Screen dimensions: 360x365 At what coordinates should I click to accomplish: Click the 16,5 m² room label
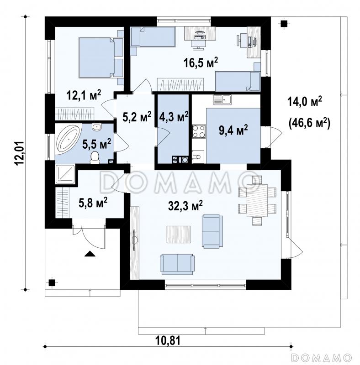(x=201, y=63)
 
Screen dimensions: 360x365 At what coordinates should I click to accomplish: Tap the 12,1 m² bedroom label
(x=84, y=95)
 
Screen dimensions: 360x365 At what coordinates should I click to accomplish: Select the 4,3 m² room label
(x=174, y=117)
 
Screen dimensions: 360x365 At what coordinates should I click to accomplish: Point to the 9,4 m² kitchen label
(x=233, y=130)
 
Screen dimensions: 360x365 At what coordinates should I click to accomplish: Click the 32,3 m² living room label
(x=185, y=206)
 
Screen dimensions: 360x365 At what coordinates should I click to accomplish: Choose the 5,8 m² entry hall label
(x=93, y=203)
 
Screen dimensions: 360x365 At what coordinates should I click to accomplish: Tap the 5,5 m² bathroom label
(x=96, y=144)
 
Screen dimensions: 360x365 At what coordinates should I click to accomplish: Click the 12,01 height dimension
(x=20, y=153)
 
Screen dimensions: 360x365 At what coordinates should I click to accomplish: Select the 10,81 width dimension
(x=168, y=341)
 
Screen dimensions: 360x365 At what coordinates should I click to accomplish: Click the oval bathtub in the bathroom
(x=69, y=139)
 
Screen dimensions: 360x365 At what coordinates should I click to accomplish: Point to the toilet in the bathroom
(x=95, y=157)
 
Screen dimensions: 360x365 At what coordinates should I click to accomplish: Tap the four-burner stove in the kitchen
(x=199, y=131)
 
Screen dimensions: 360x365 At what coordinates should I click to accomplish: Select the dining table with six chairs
(x=257, y=201)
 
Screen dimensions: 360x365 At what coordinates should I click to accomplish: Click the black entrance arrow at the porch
(x=90, y=254)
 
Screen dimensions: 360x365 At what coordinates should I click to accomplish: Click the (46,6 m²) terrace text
(x=309, y=123)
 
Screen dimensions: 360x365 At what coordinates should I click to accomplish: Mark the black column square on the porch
(x=52, y=282)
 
